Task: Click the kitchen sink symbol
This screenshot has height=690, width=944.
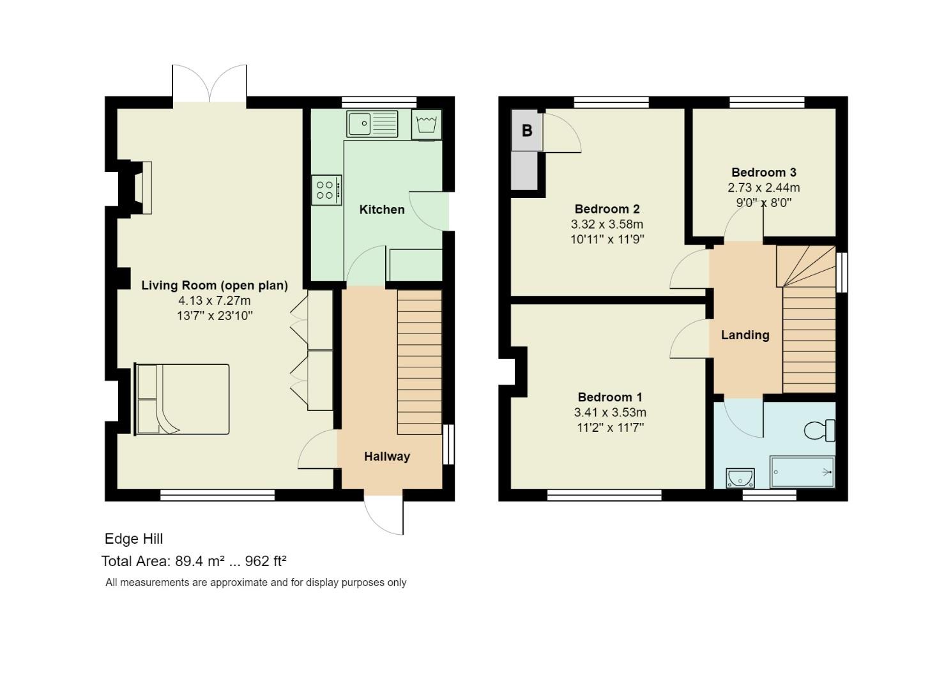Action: tap(372, 124)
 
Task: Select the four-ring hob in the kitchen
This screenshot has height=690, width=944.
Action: tap(326, 190)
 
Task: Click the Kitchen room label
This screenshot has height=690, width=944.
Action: tap(382, 210)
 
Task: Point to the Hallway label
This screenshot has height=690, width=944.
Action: tap(387, 456)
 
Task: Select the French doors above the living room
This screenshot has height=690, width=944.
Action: tap(209, 84)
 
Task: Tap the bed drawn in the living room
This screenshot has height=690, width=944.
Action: tap(182, 399)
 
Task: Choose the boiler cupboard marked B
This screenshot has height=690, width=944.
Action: tap(527, 131)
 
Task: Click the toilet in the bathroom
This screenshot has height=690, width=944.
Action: tap(820, 430)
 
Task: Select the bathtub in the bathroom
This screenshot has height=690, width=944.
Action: tap(802, 472)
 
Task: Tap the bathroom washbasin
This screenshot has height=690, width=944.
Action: tap(740, 477)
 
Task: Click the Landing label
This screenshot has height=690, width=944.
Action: tap(745, 335)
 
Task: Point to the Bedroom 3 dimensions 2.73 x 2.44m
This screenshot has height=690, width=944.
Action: tap(763, 188)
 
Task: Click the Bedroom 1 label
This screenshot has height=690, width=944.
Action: tap(610, 397)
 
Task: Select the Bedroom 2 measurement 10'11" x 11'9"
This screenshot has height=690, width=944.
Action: tap(607, 240)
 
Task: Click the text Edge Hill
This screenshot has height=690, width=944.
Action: tap(133, 539)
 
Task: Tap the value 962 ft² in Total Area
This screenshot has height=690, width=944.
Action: tap(266, 561)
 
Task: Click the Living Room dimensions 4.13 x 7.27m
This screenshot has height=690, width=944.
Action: tap(215, 300)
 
